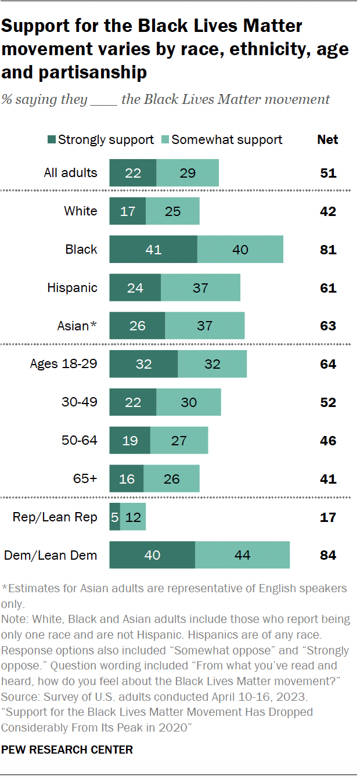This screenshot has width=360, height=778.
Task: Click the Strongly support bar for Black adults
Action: (153, 250)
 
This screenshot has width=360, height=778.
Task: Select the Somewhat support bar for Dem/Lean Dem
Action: (242, 555)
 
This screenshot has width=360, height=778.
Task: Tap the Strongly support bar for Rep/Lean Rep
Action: (114, 517)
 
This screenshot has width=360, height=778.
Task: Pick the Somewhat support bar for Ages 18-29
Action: (212, 364)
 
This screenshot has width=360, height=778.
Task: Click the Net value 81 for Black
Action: (328, 250)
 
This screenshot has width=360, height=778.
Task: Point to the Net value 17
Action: (328, 517)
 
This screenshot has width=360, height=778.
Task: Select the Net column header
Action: (327, 139)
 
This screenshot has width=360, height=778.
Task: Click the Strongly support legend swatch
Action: (51, 140)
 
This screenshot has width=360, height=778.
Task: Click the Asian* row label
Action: (77, 326)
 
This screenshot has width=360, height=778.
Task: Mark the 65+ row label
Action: (85, 478)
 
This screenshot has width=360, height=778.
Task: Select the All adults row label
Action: (70, 173)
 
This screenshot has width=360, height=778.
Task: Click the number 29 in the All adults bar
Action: (188, 173)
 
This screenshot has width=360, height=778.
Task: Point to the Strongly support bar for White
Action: (127, 211)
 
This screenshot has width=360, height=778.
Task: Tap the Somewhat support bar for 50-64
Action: (179, 441)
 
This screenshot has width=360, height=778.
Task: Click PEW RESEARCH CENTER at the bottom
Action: (67, 750)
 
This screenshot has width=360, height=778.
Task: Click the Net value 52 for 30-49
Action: (328, 402)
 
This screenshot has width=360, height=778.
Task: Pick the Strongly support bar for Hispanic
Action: (135, 288)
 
